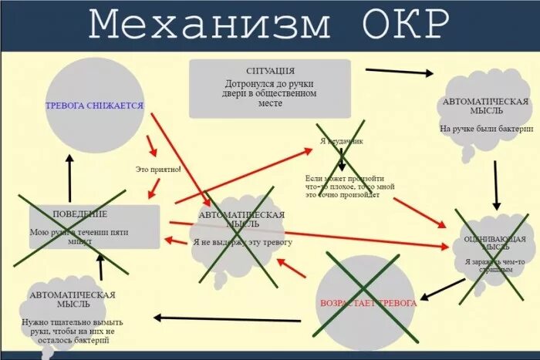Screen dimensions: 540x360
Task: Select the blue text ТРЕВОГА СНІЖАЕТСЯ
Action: point(94,106)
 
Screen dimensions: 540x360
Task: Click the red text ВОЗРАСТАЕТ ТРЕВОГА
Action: point(368,303)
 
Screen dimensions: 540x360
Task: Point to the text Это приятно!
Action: point(158,169)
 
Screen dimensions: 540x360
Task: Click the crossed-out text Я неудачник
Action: point(341,141)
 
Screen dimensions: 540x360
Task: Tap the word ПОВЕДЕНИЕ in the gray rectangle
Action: point(79,214)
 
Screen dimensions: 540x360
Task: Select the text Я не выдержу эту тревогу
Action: point(242,242)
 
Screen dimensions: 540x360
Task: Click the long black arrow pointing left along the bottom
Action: point(231,317)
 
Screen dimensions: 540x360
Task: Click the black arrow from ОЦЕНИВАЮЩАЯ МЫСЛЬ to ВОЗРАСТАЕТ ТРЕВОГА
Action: point(442,290)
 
